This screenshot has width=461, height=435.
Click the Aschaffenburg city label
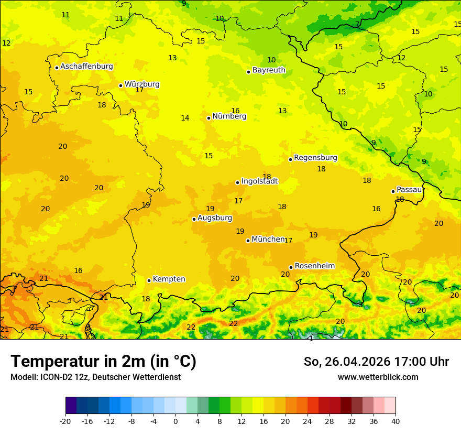(x=86, y=67)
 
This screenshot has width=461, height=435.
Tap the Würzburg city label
(x=142, y=84)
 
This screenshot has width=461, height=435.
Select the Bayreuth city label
(x=269, y=70)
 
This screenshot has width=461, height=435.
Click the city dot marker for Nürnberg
(x=208, y=118)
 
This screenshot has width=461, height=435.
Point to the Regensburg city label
(x=315, y=158)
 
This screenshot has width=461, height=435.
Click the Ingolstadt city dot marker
(x=237, y=182)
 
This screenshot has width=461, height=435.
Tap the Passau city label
(x=409, y=190)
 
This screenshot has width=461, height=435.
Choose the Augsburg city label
(x=215, y=218)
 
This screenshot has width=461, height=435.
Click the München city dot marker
(x=248, y=241)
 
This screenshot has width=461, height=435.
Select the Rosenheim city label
(x=314, y=266)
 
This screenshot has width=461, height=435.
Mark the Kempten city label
(x=169, y=279)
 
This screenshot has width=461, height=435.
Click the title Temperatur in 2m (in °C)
(x=103, y=362)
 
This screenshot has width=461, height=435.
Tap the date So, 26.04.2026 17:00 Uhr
(x=376, y=362)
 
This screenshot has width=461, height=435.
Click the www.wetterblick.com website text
(x=378, y=377)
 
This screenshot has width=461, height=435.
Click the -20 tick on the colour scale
(x=65, y=421)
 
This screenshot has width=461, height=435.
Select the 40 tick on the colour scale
(x=396, y=421)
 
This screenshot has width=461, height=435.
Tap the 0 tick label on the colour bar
(x=175, y=421)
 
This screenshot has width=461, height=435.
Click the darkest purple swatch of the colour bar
(x=71, y=406)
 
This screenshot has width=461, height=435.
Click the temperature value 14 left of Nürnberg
(x=185, y=118)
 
